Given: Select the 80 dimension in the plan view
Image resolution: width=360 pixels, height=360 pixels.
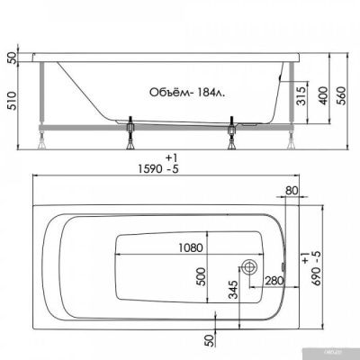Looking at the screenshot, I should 292,191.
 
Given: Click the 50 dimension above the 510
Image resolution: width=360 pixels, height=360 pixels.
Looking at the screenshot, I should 10,58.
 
